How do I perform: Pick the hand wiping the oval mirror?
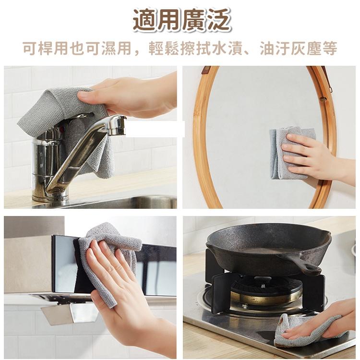(x=312, y=158)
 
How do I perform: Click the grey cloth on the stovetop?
(x=298, y=331)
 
